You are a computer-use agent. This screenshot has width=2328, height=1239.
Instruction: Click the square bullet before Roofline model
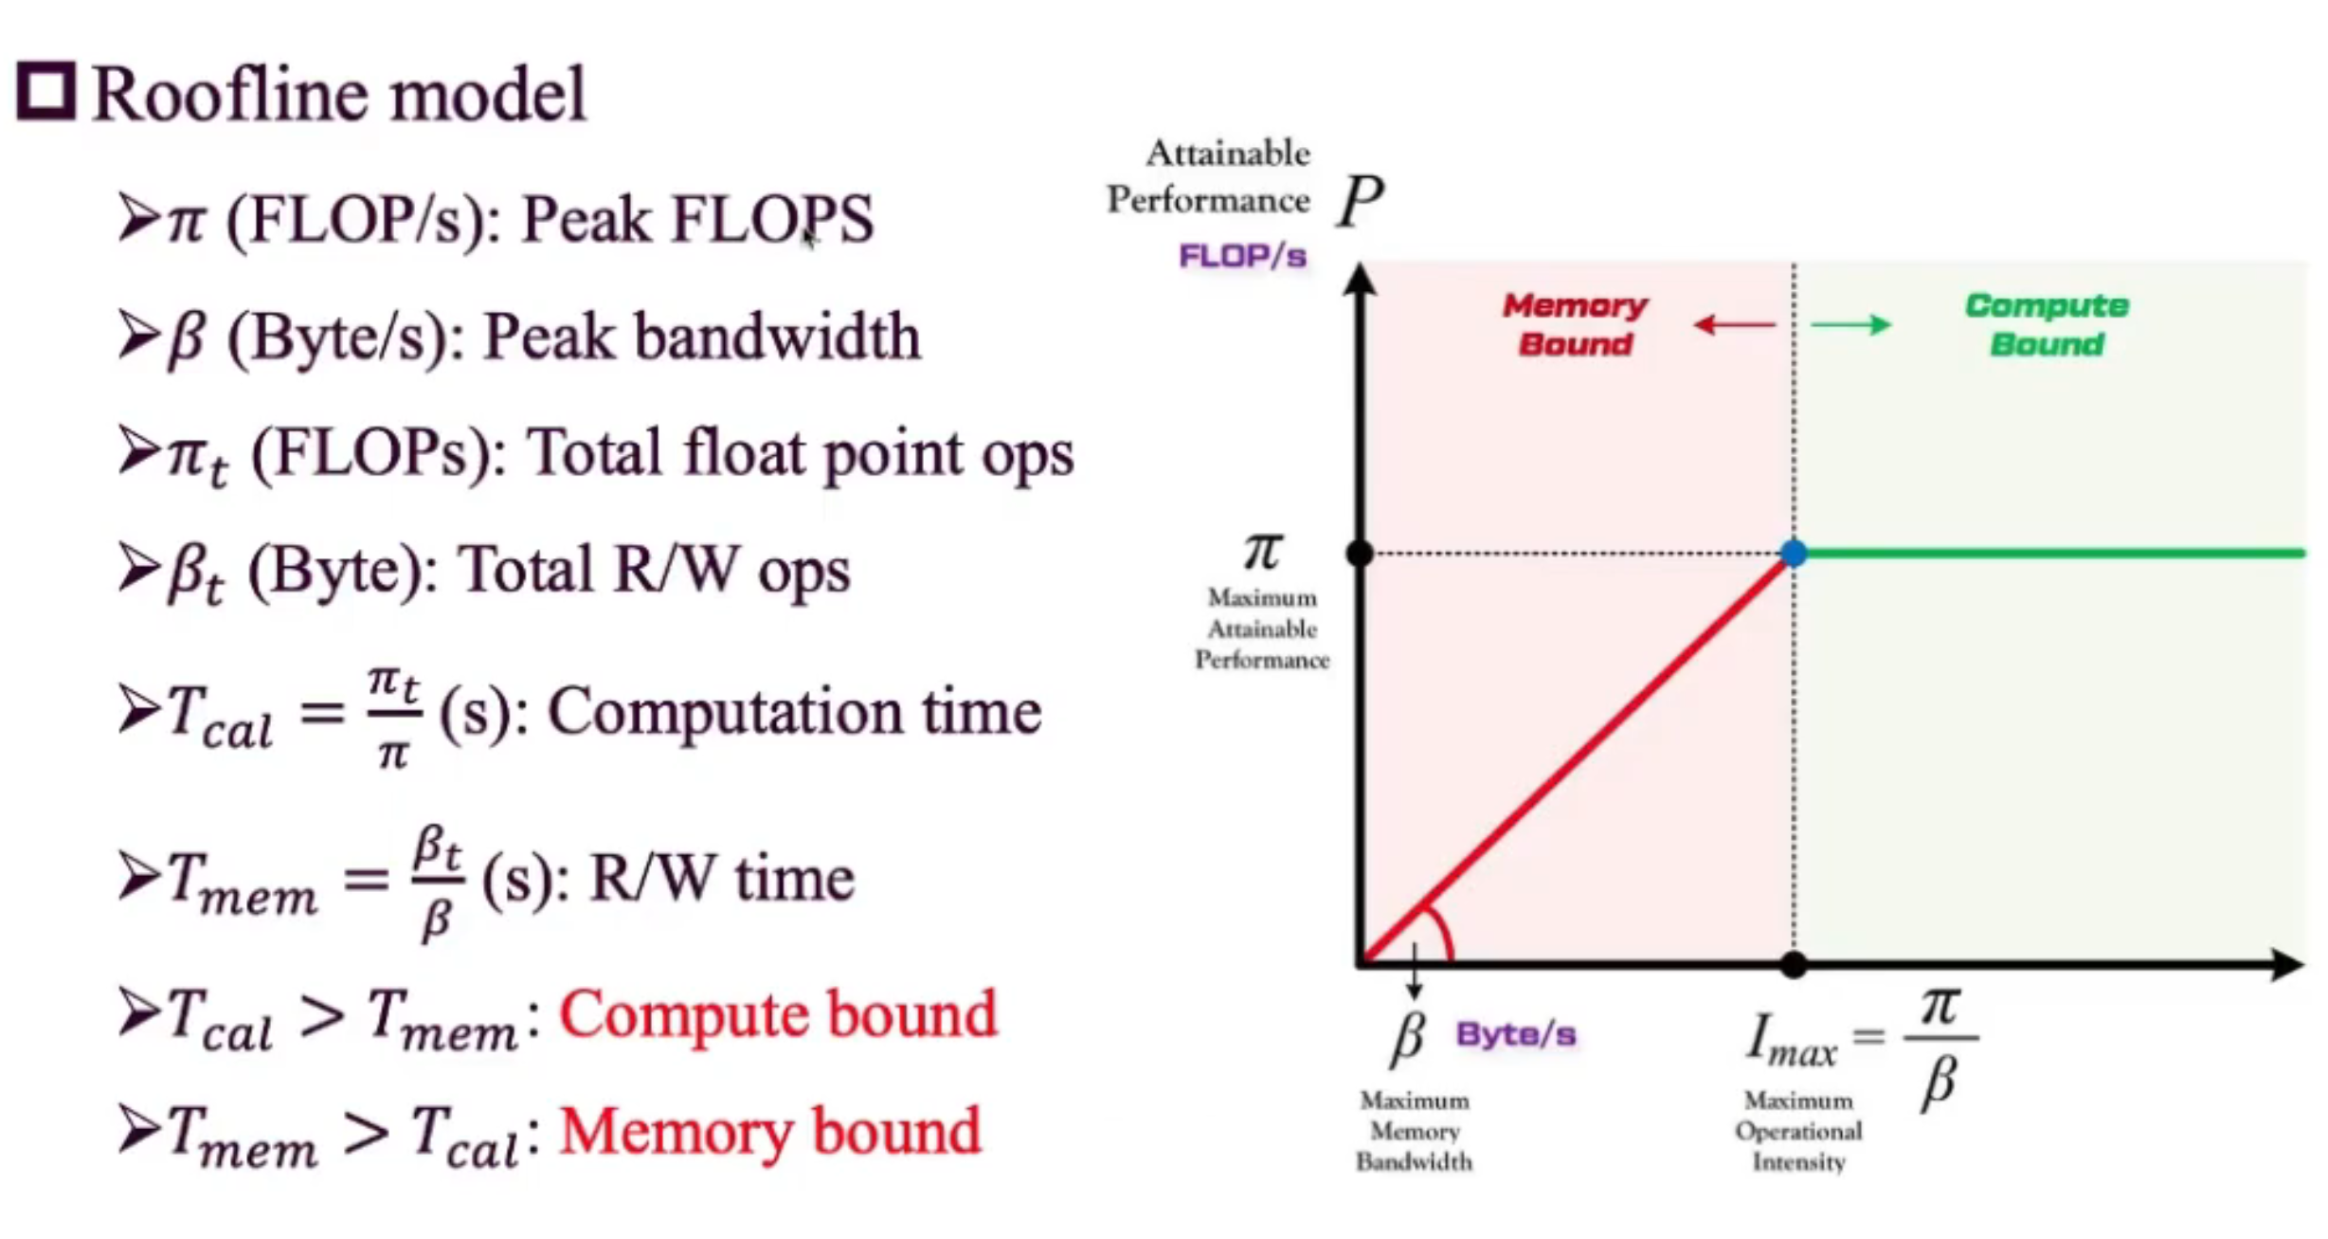coord(45,92)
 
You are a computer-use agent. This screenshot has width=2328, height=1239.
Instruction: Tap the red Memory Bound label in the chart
coord(1575,324)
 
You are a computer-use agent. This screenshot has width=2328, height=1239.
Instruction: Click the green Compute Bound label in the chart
coord(2047,324)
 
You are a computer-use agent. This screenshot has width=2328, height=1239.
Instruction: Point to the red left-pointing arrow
coord(1734,326)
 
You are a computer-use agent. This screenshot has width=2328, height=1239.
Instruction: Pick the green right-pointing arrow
coord(1850,325)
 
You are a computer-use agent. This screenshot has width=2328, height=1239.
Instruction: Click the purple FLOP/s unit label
coord(1242,256)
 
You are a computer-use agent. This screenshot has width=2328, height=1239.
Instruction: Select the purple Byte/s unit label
coord(1516,1034)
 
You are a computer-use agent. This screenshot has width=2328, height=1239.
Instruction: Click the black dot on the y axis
coord(1360,554)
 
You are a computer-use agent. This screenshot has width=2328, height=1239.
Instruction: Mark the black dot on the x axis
coord(1793,965)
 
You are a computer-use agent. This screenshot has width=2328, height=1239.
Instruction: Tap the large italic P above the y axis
coord(1360,202)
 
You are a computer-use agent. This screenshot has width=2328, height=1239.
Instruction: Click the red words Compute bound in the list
coord(778,1014)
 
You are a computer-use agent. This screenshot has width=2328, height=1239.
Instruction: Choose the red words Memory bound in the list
coord(769,1132)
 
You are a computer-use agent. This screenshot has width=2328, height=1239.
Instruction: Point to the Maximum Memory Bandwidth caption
coord(1414,1131)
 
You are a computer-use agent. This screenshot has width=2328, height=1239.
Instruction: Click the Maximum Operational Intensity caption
coord(1797,1131)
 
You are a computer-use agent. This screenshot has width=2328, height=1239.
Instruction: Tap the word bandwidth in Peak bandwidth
coord(777,337)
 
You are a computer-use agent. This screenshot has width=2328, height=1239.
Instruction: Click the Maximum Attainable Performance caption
coord(1261,629)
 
